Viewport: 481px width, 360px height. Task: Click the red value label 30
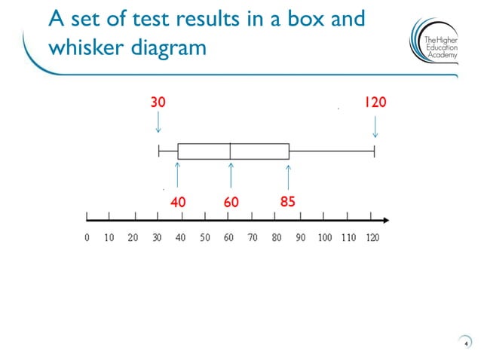(x=158, y=102)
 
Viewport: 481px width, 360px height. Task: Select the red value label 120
(x=375, y=102)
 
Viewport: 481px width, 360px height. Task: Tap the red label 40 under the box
(x=178, y=202)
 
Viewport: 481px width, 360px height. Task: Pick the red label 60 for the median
(x=231, y=202)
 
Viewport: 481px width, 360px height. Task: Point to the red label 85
(x=287, y=202)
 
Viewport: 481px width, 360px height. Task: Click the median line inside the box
(x=230, y=151)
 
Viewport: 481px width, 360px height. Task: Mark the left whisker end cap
(x=159, y=151)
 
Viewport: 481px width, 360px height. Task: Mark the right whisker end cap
(x=374, y=151)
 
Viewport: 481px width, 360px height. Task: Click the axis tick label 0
(x=87, y=238)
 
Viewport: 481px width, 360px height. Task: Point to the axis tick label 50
(x=205, y=238)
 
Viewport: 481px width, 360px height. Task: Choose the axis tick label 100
(x=324, y=238)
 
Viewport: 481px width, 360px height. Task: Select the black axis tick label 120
(x=372, y=238)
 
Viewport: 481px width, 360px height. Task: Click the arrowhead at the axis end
(x=385, y=221)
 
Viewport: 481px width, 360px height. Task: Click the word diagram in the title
(x=170, y=47)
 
